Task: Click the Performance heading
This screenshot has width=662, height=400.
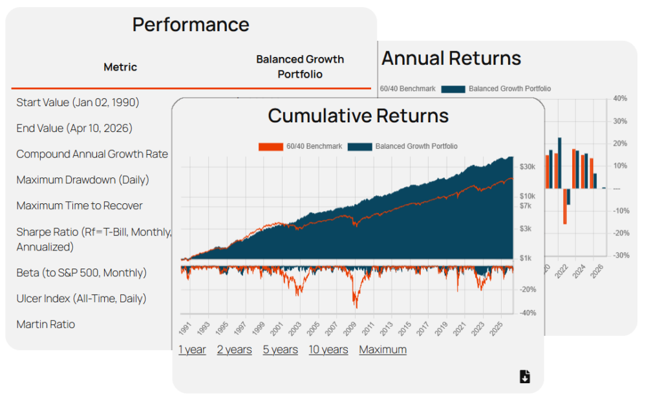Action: (x=191, y=25)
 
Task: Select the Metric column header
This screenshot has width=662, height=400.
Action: (x=120, y=67)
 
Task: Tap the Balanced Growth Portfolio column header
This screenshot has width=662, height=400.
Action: (x=300, y=67)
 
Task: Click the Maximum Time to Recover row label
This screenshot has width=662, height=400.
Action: (x=80, y=206)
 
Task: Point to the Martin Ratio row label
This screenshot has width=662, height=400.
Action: (x=45, y=324)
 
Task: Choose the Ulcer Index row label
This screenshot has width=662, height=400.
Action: (x=81, y=298)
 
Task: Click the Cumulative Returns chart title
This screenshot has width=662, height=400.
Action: (x=358, y=116)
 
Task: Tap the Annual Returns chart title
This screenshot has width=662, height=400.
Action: (x=451, y=58)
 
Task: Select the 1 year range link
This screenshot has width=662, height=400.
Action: (x=192, y=350)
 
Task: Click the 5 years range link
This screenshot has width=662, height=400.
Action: (x=280, y=350)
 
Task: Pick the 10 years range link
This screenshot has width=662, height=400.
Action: (x=328, y=350)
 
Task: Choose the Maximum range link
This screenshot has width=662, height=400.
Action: (x=383, y=350)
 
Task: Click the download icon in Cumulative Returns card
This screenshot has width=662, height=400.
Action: (x=524, y=377)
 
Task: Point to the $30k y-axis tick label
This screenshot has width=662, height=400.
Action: (x=527, y=167)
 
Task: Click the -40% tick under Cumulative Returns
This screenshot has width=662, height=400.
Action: (x=528, y=313)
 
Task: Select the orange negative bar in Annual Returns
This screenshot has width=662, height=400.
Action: (x=564, y=206)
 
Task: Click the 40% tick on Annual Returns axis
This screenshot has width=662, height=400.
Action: (x=621, y=99)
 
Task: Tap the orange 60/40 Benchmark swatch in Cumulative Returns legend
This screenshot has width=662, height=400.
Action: (x=270, y=146)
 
